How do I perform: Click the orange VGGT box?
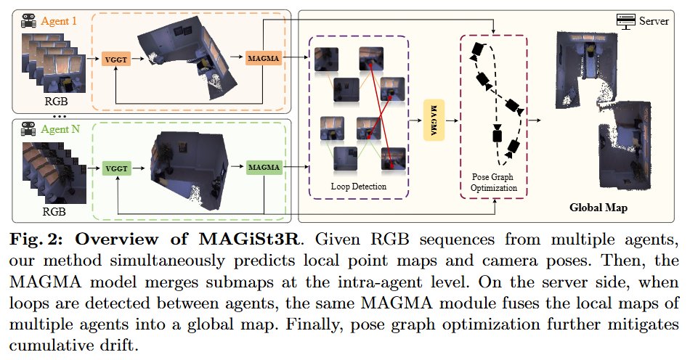[116, 59]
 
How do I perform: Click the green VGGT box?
[117, 168]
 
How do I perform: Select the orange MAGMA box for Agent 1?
[263, 58]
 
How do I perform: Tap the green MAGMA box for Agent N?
[264, 167]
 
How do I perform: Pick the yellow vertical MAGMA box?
[434, 120]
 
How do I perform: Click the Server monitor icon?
[626, 21]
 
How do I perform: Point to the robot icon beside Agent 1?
[29, 20]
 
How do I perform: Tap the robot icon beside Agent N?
[28, 129]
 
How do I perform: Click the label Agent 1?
[59, 20]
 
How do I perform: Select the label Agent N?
[61, 129]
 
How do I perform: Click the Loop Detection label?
[359, 187]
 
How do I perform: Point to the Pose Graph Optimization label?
[493, 182]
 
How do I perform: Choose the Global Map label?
[598, 208]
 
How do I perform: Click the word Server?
[654, 21]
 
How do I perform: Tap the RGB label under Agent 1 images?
[57, 101]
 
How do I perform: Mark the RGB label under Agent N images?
[54, 211]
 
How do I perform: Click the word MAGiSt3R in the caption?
[250, 240]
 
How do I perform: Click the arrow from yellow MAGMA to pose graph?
[452, 120]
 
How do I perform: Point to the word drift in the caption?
[115, 345]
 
